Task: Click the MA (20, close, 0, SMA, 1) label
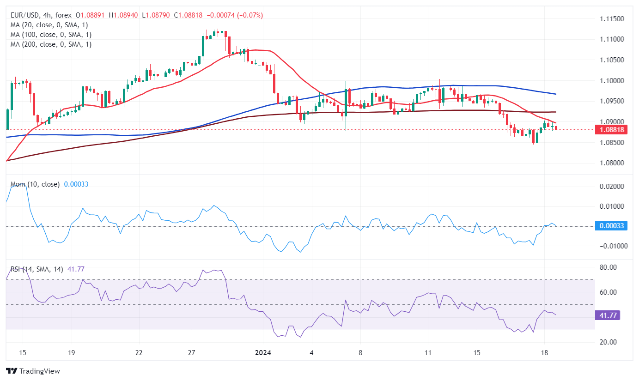(x=49, y=25)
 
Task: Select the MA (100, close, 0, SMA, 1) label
(x=51, y=35)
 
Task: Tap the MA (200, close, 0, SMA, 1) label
(x=51, y=44)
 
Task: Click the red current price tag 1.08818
(x=612, y=130)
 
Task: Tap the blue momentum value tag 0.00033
(x=612, y=226)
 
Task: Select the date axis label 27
(x=192, y=353)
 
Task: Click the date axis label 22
(x=139, y=353)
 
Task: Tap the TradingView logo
(x=33, y=371)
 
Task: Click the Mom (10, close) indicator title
(x=35, y=184)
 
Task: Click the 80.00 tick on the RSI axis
(x=608, y=267)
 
